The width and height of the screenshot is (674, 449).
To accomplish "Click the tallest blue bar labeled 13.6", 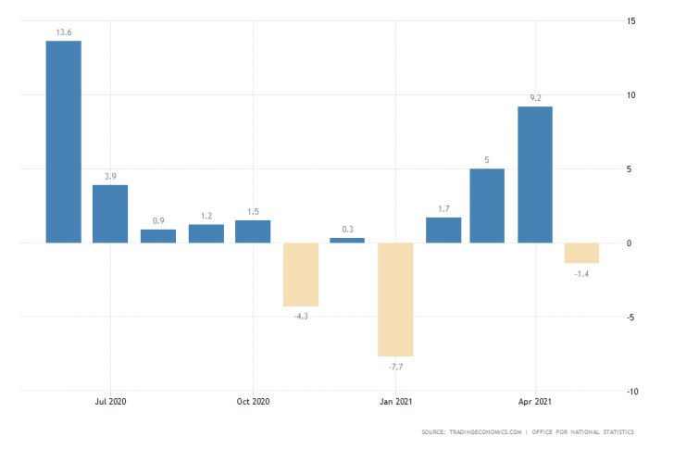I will [x=63, y=142].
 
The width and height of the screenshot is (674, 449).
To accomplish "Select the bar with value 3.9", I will [x=110, y=214].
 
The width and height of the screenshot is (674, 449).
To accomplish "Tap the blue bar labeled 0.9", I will [x=158, y=236].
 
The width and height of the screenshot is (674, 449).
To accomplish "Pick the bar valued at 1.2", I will [x=206, y=233].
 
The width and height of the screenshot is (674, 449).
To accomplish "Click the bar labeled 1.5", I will [x=253, y=231].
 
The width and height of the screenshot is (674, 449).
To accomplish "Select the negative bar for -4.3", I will [x=301, y=274].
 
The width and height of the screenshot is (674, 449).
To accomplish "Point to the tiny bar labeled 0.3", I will [x=347, y=240].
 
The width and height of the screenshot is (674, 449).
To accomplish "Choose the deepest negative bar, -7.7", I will [x=395, y=299].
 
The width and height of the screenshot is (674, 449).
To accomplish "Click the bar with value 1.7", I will [x=443, y=231].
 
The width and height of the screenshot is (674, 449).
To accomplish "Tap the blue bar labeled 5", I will [x=487, y=206].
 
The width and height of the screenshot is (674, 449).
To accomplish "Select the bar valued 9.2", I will [x=535, y=175].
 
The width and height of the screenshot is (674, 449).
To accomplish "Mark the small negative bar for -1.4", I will [x=582, y=253].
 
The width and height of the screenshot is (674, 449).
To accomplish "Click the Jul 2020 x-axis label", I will [x=110, y=402].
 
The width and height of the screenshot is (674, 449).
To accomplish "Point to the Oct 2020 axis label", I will [x=253, y=402].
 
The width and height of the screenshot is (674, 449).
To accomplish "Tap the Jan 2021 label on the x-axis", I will [x=395, y=402].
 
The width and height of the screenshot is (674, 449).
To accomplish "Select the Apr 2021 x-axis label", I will [x=535, y=402].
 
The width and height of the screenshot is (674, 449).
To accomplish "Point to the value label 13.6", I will [x=63, y=31].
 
